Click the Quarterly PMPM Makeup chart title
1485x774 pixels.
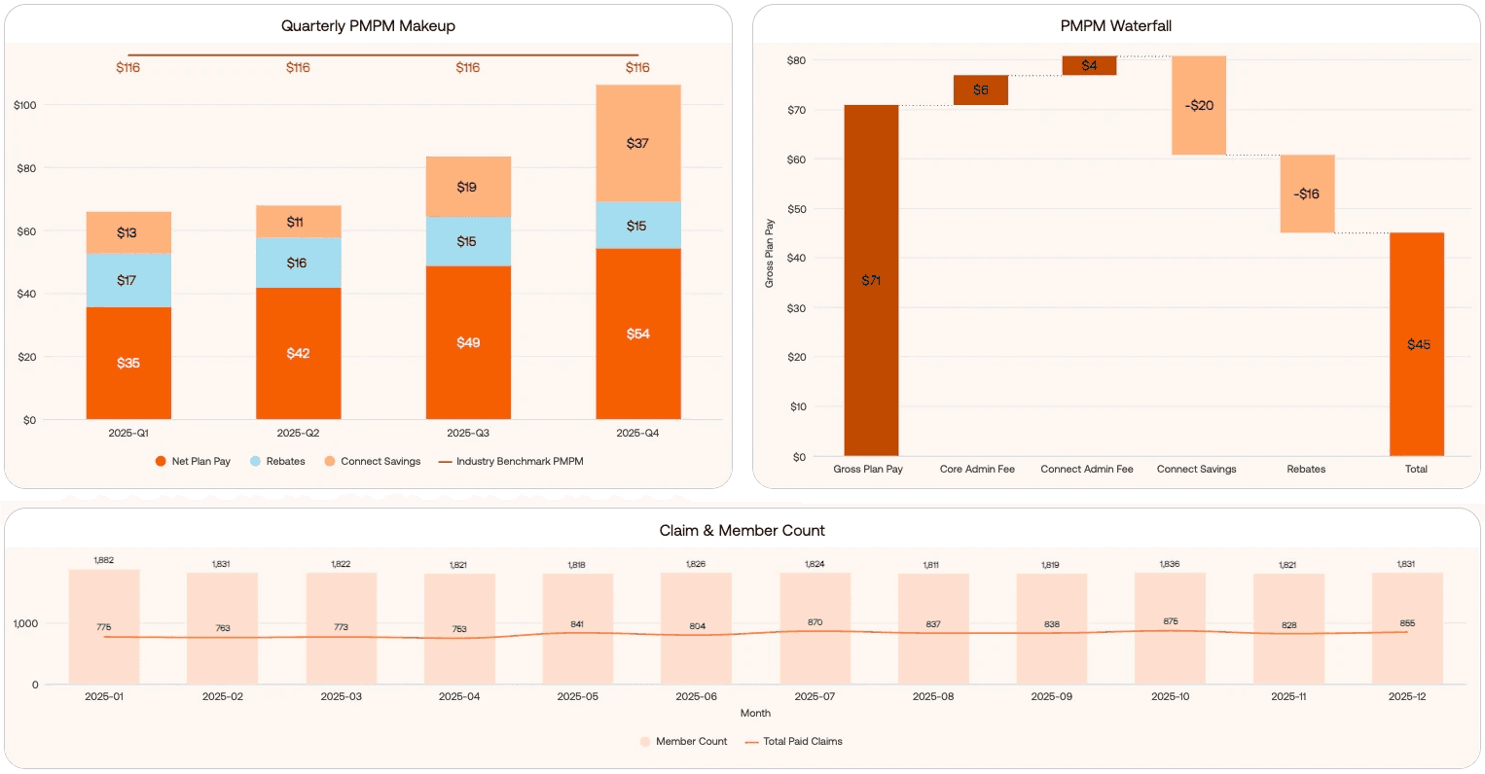[368, 26]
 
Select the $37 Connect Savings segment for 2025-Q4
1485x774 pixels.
[637, 143]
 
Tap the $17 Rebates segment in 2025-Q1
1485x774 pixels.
[127, 280]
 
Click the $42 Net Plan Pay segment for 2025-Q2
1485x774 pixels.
[298, 353]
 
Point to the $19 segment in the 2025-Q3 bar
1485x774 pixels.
[467, 187]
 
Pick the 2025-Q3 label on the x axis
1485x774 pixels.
[467, 433]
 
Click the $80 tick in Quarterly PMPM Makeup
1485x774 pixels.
[26, 168]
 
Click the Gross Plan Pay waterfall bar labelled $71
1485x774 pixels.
[871, 280]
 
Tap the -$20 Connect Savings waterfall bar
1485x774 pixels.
[1199, 105]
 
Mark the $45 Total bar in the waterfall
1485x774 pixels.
[1417, 344]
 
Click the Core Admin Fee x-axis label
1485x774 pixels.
[977, 469]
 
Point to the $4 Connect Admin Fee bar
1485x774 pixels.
[1089, 65]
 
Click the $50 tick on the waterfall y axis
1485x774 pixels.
[797, 209]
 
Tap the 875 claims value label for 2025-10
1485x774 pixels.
[1170, 621]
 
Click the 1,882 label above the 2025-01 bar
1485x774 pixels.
[103, 560]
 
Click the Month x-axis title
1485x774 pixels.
[755, 713]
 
